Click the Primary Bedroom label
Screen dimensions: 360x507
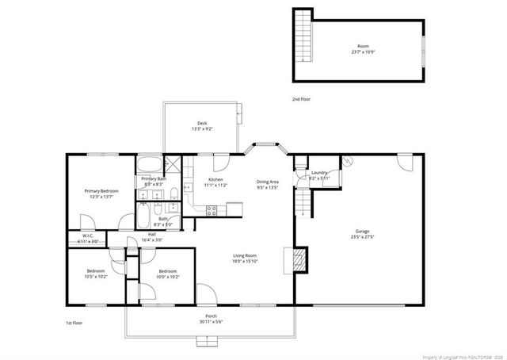coord(101,191)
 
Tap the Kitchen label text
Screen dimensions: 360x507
coord(215,180)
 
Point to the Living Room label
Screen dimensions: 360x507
coord(245,255)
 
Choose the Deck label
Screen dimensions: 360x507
coord(203,123)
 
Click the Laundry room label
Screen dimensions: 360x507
coord(319,172)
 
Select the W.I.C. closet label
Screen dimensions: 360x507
coord(89,236)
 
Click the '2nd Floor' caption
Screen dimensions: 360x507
coord(300,99)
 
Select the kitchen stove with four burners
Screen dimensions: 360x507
coord(212,210)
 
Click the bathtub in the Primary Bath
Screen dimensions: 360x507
coord(148,167)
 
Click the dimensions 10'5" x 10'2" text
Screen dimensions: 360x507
coord(95,277)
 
